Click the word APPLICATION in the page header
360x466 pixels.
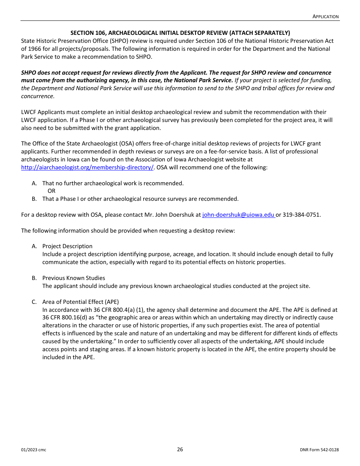[326, 16]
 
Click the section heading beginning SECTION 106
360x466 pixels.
[180, 33]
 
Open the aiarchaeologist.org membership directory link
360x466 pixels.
[87, 167]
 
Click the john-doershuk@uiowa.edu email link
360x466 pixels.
[238, 215]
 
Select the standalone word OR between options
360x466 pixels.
[52, 191]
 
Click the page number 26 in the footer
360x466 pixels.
[180, 449]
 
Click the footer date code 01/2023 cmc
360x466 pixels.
[34, 450]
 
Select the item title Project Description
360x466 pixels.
[67, 246]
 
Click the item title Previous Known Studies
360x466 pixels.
[74, 278]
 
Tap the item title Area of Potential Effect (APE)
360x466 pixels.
[80, 302]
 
